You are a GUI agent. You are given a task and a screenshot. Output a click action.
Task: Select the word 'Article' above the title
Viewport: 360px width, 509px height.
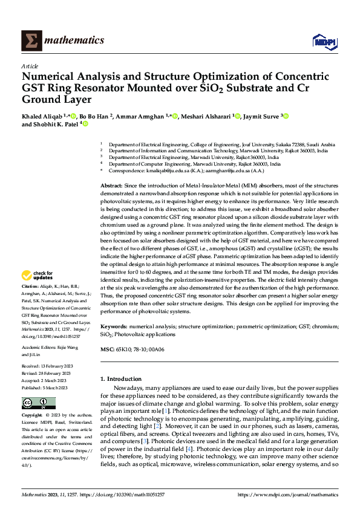[30, 66]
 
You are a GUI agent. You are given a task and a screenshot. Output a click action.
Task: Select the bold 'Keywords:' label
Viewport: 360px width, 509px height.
[114, 326]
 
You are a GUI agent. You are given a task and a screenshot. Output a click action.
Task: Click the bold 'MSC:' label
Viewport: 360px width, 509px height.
[106, 349]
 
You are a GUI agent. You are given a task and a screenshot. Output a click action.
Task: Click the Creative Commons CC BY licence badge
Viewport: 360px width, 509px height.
[38, 403]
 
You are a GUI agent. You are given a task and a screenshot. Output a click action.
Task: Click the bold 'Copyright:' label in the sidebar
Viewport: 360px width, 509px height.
[33, 415]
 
